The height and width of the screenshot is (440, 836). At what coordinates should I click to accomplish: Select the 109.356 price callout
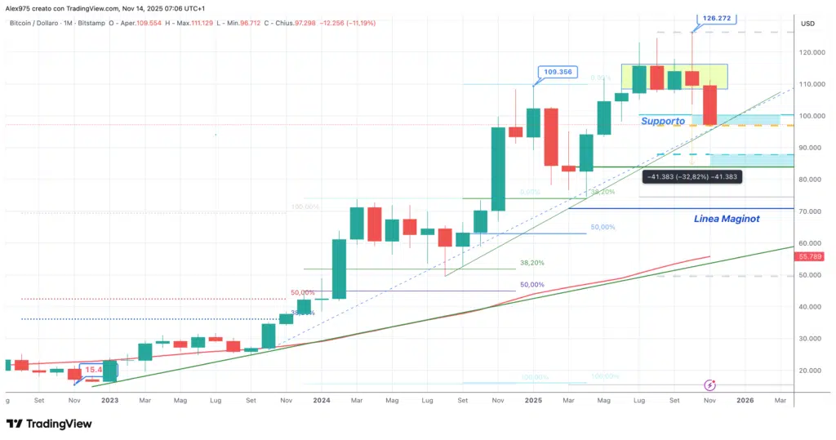click(x=558, y=72)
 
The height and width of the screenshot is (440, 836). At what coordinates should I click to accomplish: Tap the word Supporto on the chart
click(x=662, y=121)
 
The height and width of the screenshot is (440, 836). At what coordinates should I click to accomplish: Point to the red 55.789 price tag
click(x=809, y=256)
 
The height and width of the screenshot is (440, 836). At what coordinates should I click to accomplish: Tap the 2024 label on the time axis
click(x=321, y=401)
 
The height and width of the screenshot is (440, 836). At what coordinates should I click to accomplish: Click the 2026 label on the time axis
click(x=745, y=401)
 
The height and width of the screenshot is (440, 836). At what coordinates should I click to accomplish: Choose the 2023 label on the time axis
click(x=109, y=401)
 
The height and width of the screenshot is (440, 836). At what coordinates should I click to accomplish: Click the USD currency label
click(x=809, y=23)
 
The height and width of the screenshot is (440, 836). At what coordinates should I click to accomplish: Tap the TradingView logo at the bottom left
click(x=49, y=424)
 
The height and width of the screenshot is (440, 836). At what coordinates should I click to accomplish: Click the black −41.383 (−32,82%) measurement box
click(x=691, y=176)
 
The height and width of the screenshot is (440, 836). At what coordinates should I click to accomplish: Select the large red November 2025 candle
click(x=709, y=105)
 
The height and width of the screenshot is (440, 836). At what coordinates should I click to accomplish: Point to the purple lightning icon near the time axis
click(x=710, y=384)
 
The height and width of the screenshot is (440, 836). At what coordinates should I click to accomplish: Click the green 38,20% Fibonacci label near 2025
click(x=603, y=192)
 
